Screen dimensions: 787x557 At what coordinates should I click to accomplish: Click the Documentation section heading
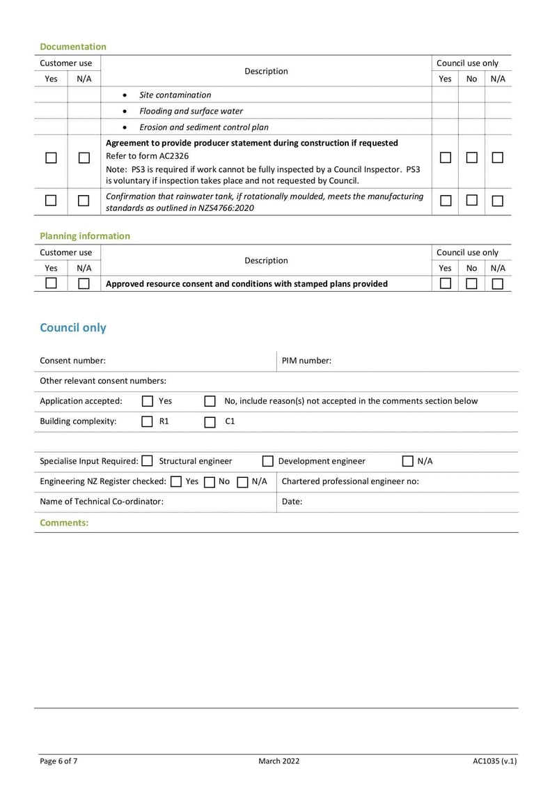[73, 47]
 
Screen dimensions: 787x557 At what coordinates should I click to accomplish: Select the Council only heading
[73, 327]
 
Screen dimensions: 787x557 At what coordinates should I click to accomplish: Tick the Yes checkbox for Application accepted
[148, 401]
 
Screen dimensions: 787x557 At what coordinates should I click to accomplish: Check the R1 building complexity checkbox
[148, 421]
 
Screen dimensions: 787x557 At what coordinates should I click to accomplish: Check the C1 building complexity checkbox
[210, 421]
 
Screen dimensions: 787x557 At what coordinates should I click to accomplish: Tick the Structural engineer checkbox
[147, 461]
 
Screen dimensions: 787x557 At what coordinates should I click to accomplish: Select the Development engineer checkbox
[267, 461]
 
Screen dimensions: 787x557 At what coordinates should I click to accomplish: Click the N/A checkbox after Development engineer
[407, 461]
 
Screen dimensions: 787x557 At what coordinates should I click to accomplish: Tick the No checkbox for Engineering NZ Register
[209, 481]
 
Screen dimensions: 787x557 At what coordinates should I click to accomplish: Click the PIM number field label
[306, 361]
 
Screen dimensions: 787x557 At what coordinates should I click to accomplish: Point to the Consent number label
[72, 361]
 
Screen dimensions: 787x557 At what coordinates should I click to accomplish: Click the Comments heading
[64, 522]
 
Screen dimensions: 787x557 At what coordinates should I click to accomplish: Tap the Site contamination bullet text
[175, 95]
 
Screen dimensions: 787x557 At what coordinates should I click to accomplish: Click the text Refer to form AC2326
[147, 156]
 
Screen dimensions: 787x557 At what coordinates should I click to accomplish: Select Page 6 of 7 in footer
[58, 761]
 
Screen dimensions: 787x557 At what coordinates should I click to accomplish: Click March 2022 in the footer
[278, 761]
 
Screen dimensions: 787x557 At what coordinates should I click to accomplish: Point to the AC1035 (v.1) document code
[494, 761]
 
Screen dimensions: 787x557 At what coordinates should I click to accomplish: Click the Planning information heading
[85, 236]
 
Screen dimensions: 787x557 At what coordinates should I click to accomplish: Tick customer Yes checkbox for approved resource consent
[51, 283]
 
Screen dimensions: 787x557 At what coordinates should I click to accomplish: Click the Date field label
[292, 501]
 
